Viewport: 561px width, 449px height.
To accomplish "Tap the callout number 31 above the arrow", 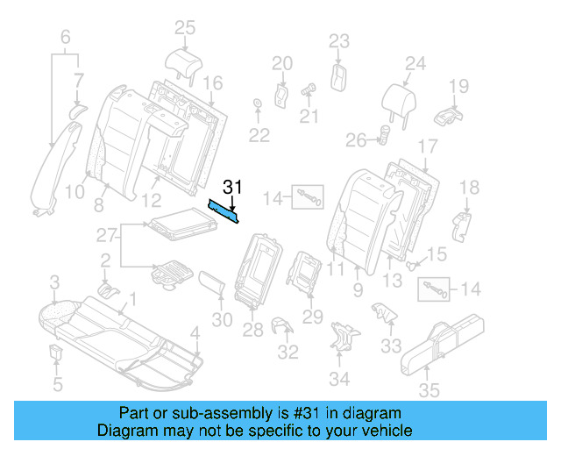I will click(x=232, y=186).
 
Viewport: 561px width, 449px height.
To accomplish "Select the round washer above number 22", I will click(x=257, y=106).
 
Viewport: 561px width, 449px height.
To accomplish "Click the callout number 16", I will click(x=213, y=82).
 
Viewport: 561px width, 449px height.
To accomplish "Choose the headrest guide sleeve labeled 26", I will click(x=384, y=135).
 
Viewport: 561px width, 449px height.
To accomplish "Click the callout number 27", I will click(x=106, y=235).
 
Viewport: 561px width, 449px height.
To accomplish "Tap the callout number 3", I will click(x=54, y=282).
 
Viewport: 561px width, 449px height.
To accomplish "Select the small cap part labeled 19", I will click(x=451, y=115).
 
